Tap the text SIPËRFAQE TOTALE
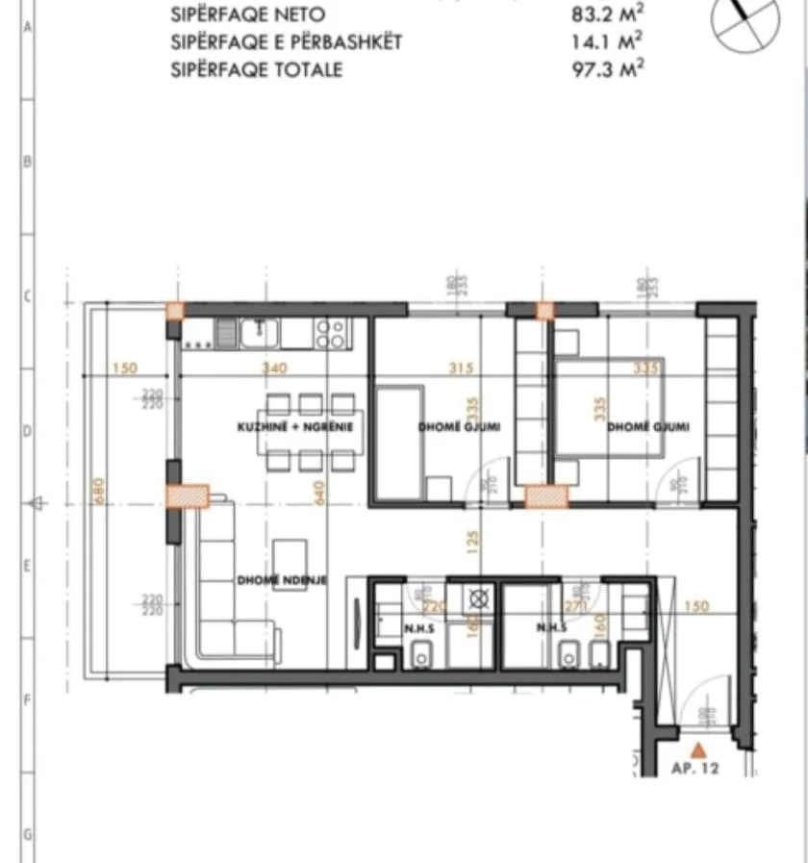[256, 69]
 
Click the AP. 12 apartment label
[694, 769]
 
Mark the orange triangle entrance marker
[699, 747]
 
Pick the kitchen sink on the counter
[261, 332]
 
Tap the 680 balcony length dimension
[97, 490]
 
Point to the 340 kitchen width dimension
[275, 368]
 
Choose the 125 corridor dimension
[471, 542]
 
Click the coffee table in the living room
[290, 559]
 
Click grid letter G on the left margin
[28, 833]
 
